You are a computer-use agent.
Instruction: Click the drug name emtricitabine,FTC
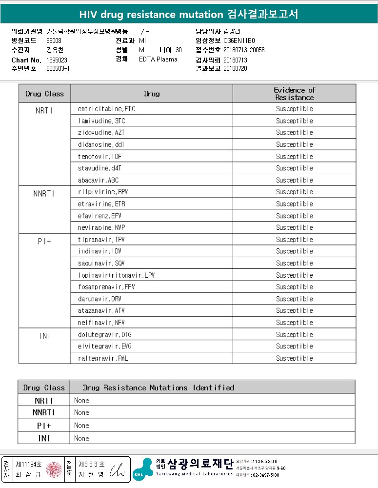[x=106, y=109]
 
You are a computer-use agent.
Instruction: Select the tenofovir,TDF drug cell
[x=100, y=157]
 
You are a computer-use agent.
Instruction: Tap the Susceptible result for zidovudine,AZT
[x=295, y=133]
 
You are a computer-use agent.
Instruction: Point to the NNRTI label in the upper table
[x=44, y=194]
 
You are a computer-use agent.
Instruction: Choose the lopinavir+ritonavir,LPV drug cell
[x=117, y=275]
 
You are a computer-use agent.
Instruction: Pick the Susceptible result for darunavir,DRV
[x=295, y=299]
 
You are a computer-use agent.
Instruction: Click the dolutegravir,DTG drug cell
[x=105, y=335]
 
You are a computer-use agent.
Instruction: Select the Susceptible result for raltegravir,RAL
[x=295, y=358]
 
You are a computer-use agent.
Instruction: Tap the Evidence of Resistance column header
[x=295, y=93]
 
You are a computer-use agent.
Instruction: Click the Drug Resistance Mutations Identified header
[x=159, y=387]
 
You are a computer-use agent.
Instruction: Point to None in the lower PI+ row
[x=82, y=426]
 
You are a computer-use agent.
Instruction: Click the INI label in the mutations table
[x=44, y=438]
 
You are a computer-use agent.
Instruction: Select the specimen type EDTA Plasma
[x=158, y=59]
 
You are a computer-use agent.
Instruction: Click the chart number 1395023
[x=58, y=60]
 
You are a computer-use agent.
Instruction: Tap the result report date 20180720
[x=235, y=68]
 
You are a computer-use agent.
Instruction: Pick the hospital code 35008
[x=54, y=41]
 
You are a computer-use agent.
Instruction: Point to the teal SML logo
[x=142, y=469]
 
